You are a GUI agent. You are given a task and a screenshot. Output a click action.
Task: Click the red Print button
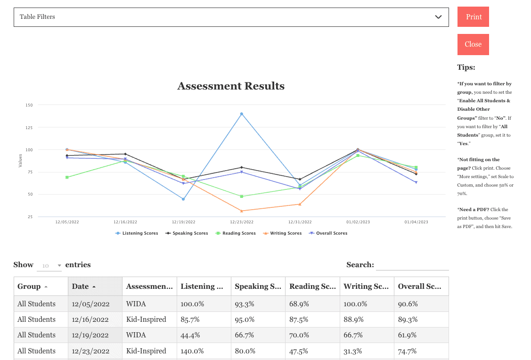tap(473, 17)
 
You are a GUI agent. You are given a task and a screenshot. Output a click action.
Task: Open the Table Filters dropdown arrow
tap(438, 17)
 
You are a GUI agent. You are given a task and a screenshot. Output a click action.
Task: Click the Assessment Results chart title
tap(231, 86)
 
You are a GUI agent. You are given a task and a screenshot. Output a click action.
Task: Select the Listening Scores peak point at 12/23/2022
tap(242, 114)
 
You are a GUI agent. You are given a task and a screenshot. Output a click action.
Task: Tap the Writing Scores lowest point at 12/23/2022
tap(242, 211)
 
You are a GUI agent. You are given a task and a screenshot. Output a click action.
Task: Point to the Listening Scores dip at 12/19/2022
tap(183, 199)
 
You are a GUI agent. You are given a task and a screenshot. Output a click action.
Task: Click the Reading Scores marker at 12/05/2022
tap(67, 177)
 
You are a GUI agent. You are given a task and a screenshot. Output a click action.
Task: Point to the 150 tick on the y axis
tap(29, 105)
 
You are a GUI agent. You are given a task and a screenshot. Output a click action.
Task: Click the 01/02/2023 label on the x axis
tap(358, 222)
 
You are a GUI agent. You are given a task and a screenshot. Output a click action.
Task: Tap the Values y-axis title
tap(20, 161)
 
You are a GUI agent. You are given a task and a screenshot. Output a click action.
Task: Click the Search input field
tap(412, 265)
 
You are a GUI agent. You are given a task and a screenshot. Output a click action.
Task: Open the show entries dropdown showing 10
tap(49, 266)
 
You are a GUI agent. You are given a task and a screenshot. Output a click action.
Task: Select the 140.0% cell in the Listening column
tap(191, 351)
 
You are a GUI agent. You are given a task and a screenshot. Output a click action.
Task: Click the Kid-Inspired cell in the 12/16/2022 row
tap(146, 319)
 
